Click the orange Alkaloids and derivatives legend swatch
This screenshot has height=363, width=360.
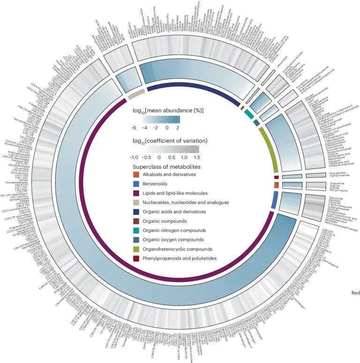[137, 175]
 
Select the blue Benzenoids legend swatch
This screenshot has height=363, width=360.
[137, 184]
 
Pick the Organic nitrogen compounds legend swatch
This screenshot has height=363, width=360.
[137, 230]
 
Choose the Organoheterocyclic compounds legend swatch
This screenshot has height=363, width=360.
[137, 249]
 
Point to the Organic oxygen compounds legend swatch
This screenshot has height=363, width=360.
[137, 240]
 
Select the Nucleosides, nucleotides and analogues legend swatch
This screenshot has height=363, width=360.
[137, 203]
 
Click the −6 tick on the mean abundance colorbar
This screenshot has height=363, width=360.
[135, 128]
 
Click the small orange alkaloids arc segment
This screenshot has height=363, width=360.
[276, 185]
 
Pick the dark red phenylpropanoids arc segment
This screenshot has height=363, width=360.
[276, 177]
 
